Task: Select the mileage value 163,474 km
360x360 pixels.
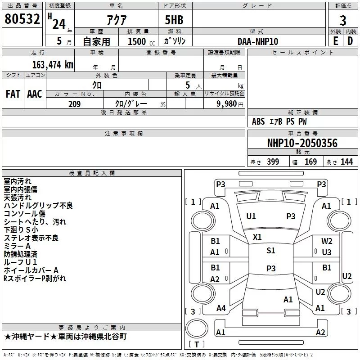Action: pyautogui.click(x=53, y=64)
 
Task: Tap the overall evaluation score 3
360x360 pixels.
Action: pyautogui.click(x=343, y=20)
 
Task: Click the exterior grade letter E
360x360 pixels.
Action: pyautogui.click(x=335, y=41)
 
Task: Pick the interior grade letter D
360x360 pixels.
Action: pyautogui.click(x=350, y=41)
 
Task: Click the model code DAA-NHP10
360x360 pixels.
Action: pyautogui.click(x=258, y=41)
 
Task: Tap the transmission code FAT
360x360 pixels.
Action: pyautogui.click(x=13, y=94)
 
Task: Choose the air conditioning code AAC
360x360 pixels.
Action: pyautogui.click(x=35, y=94)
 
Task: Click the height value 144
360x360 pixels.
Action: pyautogui.click(x=346, y=162)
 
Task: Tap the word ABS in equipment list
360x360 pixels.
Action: pyautogui.click(x=258, y=121)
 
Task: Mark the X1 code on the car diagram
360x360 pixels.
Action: pyautogui.click(x=257, y=237)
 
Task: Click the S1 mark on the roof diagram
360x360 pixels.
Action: pyautogui.click(x=270, y=251)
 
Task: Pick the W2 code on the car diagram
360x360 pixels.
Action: pyautogui.click(x=327, y=241)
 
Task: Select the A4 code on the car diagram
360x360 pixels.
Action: pyautogui.click(x=221, y=308)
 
